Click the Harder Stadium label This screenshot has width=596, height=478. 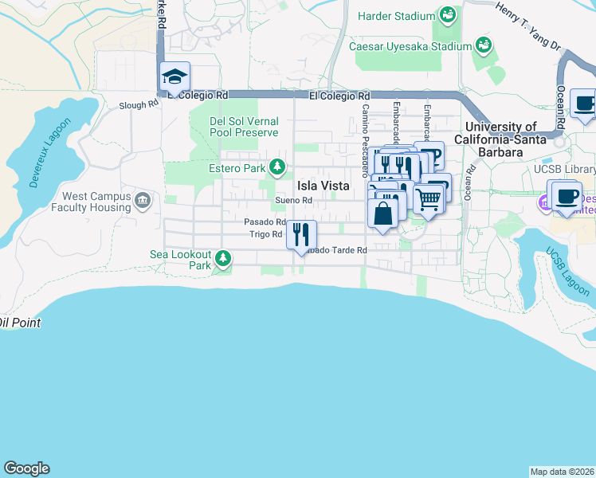coord(396,16)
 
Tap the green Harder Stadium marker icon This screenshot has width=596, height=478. coord(448,15)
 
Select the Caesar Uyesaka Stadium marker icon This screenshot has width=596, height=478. coord(482,45)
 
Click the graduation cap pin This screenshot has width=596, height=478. coord(174,77)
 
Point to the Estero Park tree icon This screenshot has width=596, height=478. coord(276,167)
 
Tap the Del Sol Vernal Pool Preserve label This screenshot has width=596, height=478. coord(243,127)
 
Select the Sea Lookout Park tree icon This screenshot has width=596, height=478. coord(223,258)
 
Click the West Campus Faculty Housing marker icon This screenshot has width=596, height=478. coord(143,199)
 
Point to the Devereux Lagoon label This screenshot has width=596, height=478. coord(50,153)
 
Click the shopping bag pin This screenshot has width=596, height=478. coord(382,213)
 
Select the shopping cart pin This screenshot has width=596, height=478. coord(429,199)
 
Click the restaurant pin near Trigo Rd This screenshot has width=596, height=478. coord(301,234)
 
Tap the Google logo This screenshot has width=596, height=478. coord(26,468)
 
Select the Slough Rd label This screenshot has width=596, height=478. coord(139,105)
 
